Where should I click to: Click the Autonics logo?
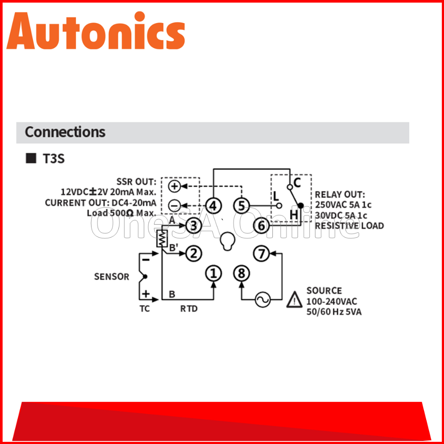(x=96, y=31)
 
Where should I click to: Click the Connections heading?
(x=65, y=132)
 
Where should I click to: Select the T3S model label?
(x=53, y=159)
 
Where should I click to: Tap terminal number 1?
(x=213, y=273)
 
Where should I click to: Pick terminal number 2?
(x=194, y=254)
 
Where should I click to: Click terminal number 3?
(x=194, y=226)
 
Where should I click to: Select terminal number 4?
(x=213, y=206)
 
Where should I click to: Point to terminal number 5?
(x=242, y=206)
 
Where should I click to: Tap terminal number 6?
(x=261, y=226)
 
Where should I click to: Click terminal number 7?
(x=261, y=254)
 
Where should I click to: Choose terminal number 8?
(x=242, y=273)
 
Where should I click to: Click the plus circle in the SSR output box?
(x=174, y=186)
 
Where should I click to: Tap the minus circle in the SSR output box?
(x=174, y=206)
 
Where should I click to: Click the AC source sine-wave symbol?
(x=262, y=300)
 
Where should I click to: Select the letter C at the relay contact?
(x=297, y=183)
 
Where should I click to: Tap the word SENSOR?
(x=111, y=277)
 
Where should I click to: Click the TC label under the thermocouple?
(x=145, y=309)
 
